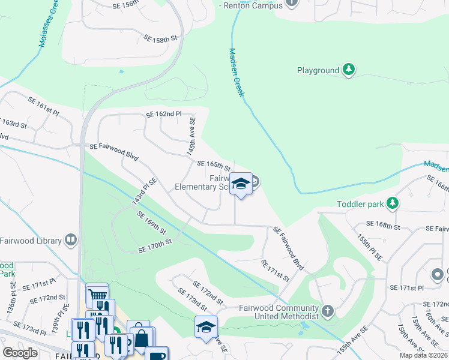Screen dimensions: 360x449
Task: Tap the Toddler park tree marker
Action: tap(393, 204)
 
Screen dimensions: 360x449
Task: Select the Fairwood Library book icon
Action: tap(71, 241)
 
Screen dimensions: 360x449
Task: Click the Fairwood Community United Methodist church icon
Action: tap(327, 311)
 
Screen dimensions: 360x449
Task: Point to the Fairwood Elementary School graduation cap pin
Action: tap(241, 184)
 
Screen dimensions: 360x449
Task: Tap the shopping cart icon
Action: tap(97, 294)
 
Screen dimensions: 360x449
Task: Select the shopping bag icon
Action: tap(141, 337)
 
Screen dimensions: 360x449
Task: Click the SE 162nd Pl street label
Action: tap(163, 113)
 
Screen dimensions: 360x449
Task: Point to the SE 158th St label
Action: tap(161, 38)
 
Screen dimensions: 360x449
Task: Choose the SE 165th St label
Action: tap(214, 165)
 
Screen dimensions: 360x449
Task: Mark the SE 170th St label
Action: tap(155, 245)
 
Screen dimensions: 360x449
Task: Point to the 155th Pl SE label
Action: tap(370, 247)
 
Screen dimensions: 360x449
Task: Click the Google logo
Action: tap(20, 352)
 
